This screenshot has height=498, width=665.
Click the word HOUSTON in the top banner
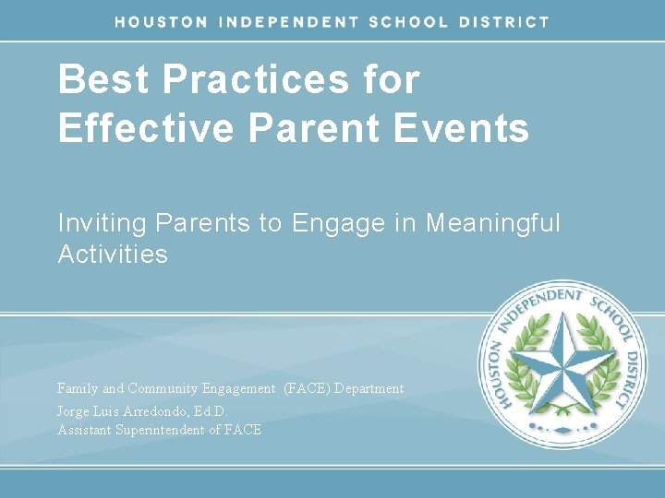(x=161, y=21)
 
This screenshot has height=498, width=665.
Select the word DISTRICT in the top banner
(x=505, y=21)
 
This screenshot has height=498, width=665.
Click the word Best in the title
(x=103, y=80)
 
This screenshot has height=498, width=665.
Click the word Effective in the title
(x=146, y=128)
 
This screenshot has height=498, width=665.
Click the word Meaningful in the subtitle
(x=493, y=223)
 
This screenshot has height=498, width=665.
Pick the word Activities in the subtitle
(x=113, y=254)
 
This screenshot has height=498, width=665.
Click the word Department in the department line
(x=369, y=388)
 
